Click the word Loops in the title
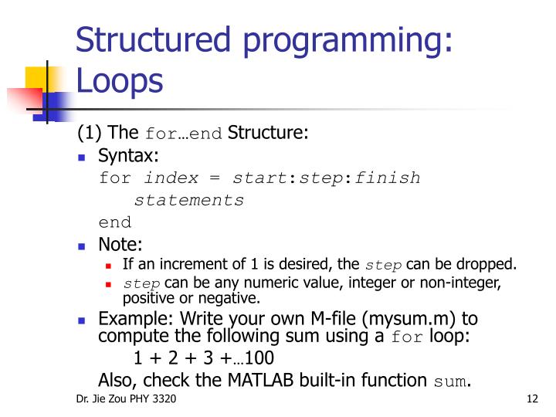point(120,80)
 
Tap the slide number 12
point(531,399)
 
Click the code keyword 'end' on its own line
point(115,222)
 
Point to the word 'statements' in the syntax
point(188,201)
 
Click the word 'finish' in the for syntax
point(388,178)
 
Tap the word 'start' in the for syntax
point(260,178)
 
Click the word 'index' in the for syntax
point(171,178)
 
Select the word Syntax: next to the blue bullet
point(128,156)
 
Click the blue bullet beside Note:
point(83,246)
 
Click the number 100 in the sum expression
point(258,358)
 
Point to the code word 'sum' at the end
point(450,381)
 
